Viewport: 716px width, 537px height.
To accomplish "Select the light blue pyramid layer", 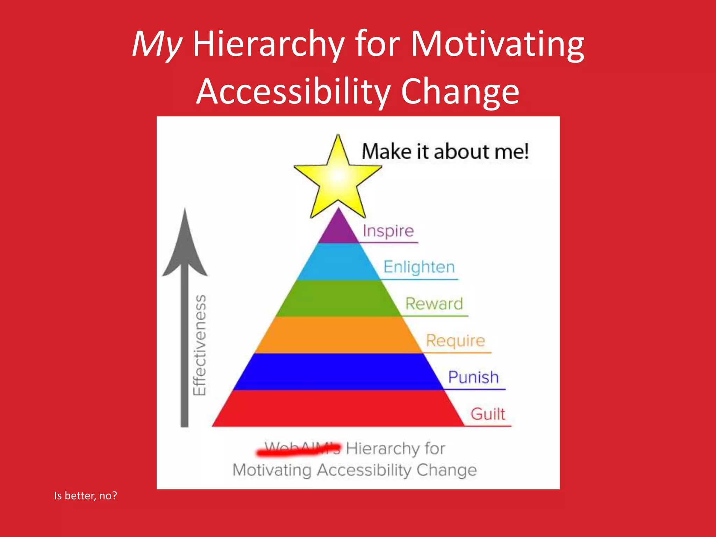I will point(338,262).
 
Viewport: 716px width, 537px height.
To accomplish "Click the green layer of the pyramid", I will point(338,299).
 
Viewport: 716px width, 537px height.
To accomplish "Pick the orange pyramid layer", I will point(338,335).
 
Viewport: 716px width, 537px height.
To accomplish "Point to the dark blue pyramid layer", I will point(338,372).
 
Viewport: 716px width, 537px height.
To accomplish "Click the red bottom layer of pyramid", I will point(338,408).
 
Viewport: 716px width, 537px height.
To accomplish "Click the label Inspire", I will point(388,231).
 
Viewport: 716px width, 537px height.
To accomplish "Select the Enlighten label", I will point(419,267).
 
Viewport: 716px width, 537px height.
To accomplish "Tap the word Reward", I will point(434,303).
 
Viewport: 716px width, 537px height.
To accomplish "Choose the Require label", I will point(456,341).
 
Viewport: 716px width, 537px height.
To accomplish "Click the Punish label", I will point(473,377).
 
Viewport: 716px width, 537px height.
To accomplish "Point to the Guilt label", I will point(488,414).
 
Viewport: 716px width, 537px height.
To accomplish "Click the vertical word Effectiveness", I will point(200,345).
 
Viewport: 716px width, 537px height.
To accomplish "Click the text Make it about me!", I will point(445,152).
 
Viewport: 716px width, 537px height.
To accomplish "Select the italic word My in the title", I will point(157,44).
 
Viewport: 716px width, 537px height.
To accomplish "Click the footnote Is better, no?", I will point(86,496).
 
